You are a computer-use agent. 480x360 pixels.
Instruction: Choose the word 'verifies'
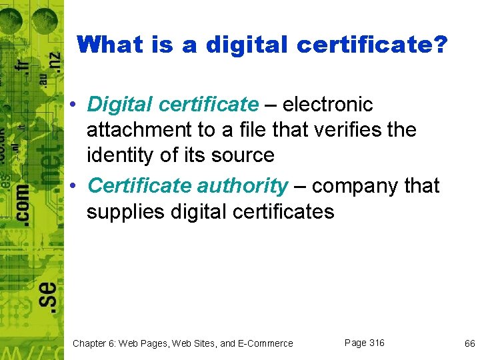(337, 130)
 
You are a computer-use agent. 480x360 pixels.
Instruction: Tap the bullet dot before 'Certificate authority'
(77, 186)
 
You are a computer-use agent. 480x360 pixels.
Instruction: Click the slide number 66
(469, 343)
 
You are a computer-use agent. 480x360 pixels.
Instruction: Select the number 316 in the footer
(376, 343)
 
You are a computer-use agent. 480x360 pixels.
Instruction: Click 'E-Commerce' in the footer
(266, 343)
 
